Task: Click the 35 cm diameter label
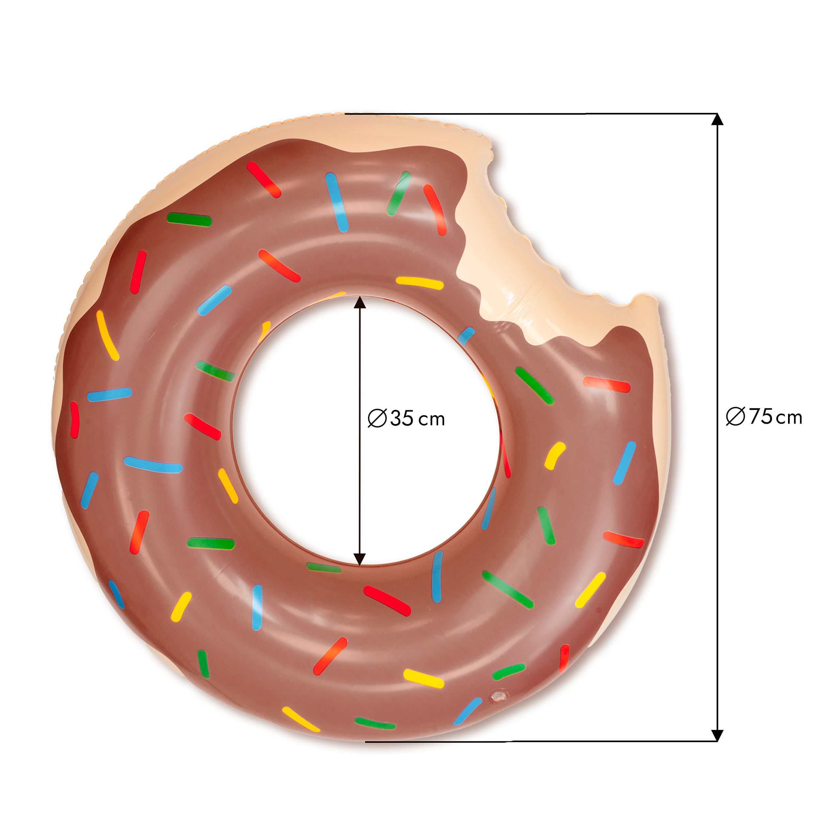406,418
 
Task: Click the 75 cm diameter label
764,417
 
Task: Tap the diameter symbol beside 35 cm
377,419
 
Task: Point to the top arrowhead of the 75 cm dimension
718,119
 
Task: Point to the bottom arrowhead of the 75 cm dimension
718,736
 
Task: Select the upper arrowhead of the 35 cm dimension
359,303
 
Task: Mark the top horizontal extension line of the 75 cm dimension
531,114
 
